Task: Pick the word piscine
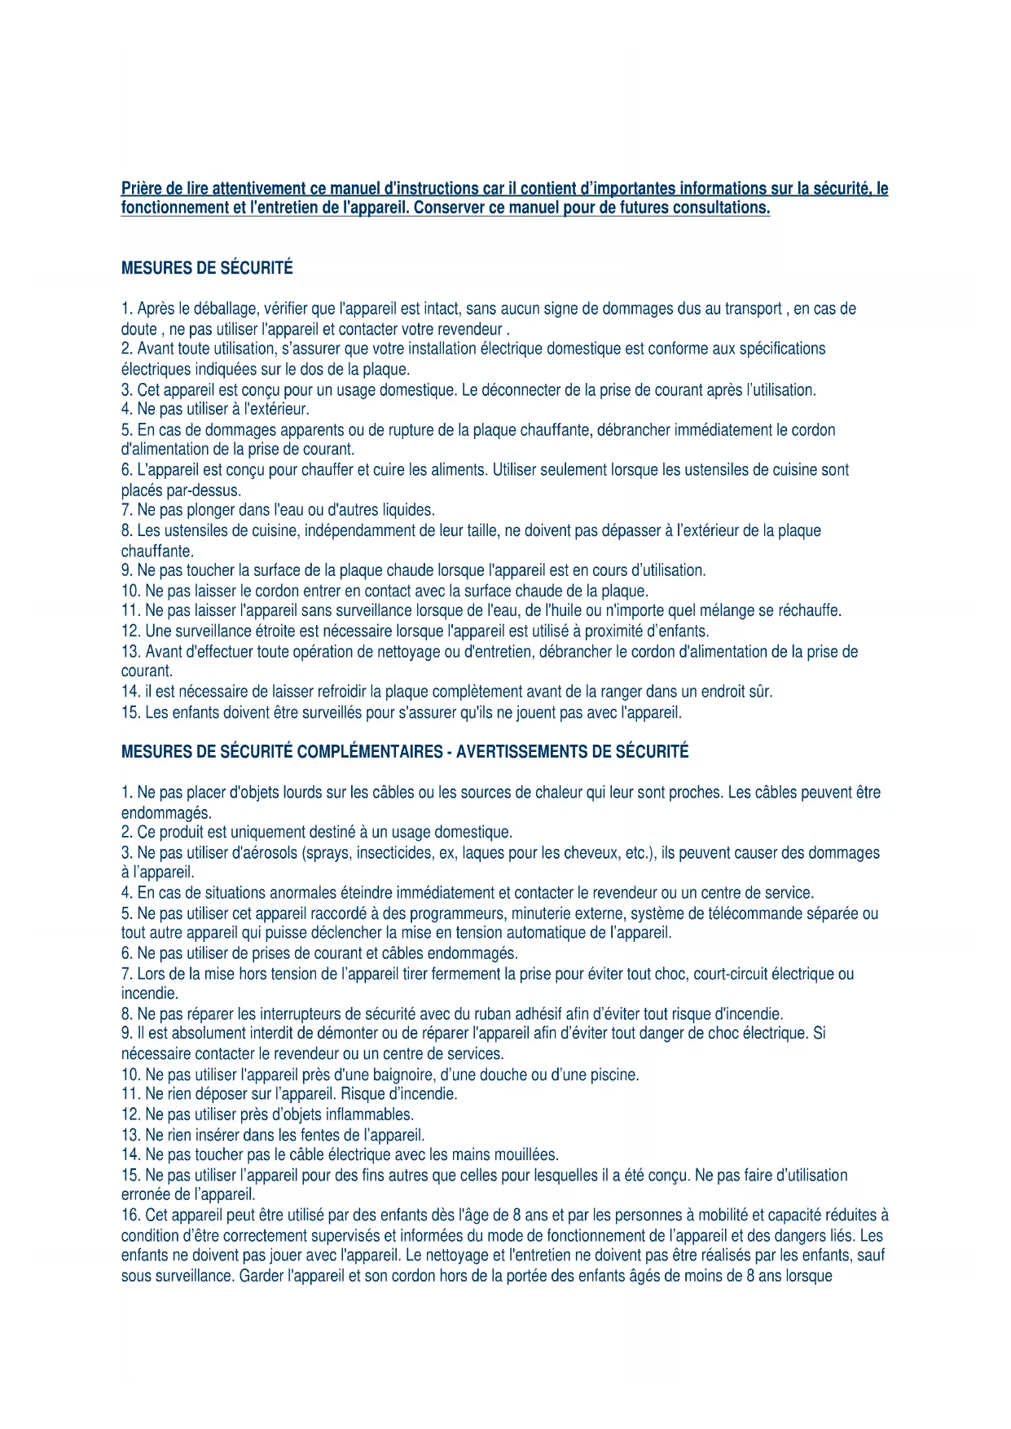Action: pos(613,1075)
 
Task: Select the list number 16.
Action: pos(130,1216)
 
